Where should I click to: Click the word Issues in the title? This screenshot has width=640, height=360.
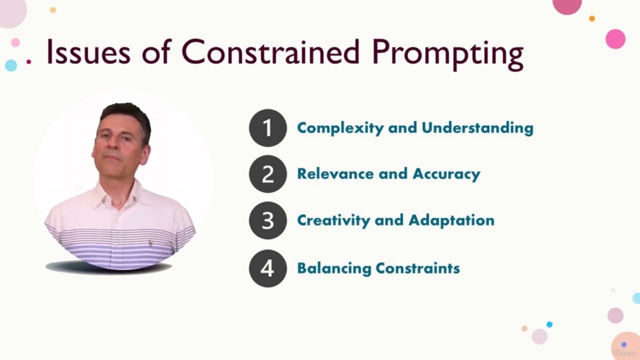click(x=88, y=52)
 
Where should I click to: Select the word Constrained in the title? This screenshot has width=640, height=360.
click(x=270, y=52)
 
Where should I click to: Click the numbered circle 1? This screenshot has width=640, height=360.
click(x=268, y=128)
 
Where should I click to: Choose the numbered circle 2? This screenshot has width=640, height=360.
click(x=268, y=174)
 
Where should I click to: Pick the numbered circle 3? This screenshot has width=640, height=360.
click(x=268, y=220)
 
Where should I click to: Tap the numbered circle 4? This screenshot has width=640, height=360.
click(x=268, y=268)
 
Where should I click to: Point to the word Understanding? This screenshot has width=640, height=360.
click(x=477, y=128)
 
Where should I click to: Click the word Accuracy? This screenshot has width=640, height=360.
click(x=446, y=174)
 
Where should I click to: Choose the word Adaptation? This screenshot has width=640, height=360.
click(x=451, y=220)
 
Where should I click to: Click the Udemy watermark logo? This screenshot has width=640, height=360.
click(x=624, y=352)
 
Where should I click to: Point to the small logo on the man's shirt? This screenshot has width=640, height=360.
click(x=150, y=243)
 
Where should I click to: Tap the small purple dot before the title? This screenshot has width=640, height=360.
click(x=29, y=61)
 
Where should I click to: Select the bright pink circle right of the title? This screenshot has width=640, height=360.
click(x=615, y=39)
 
